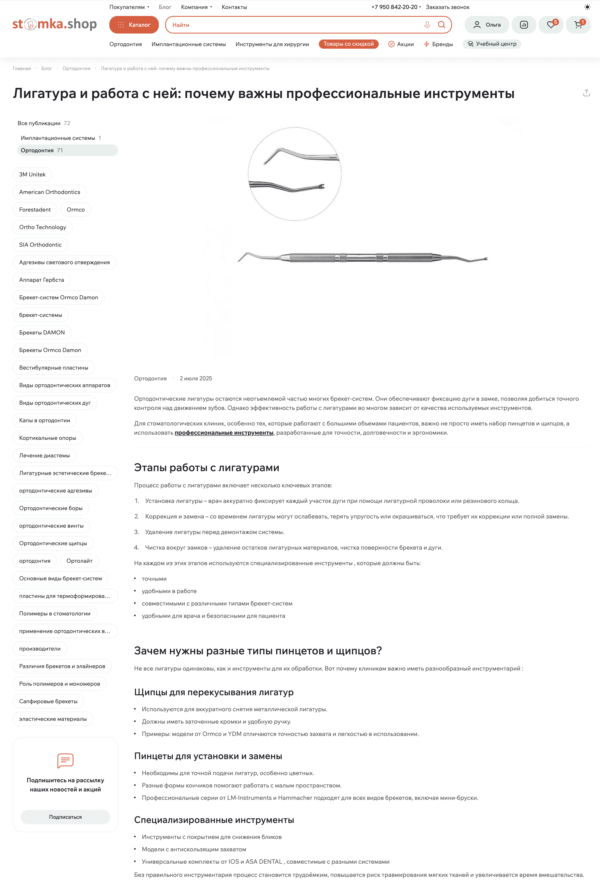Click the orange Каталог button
click(x=134, y=25)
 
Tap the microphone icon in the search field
click(x=427, y=25)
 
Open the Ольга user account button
click(x=487, y=25)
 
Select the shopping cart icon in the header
click(x=578, y=25)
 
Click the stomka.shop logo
click(x=55, y=24)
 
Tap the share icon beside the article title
click(x=586, y=93)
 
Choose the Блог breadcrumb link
click(x=47, y=68)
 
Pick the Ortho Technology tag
click(x=43, y=227)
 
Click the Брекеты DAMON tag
click(x=42, y=332)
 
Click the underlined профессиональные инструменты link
click(x=224, y=433)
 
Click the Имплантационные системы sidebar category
click(x=58, y=138)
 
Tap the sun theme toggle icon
click(x=587, y=7)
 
